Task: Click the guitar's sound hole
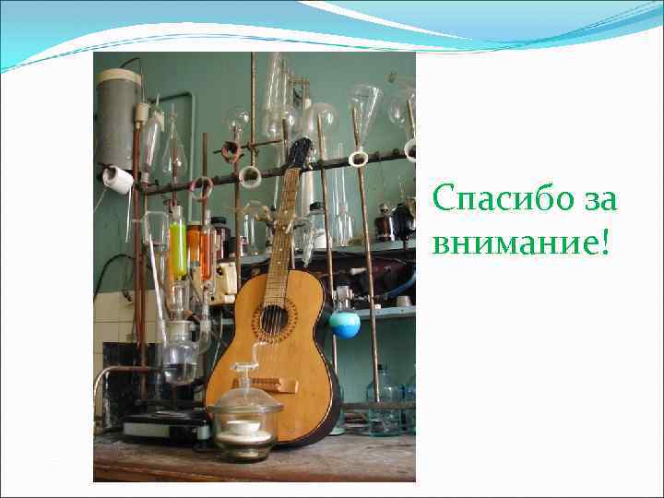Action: click(273, 319)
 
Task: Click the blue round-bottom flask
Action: click(345, 323)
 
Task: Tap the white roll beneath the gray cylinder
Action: click(118, 179)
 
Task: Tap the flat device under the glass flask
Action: click(166, 423)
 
